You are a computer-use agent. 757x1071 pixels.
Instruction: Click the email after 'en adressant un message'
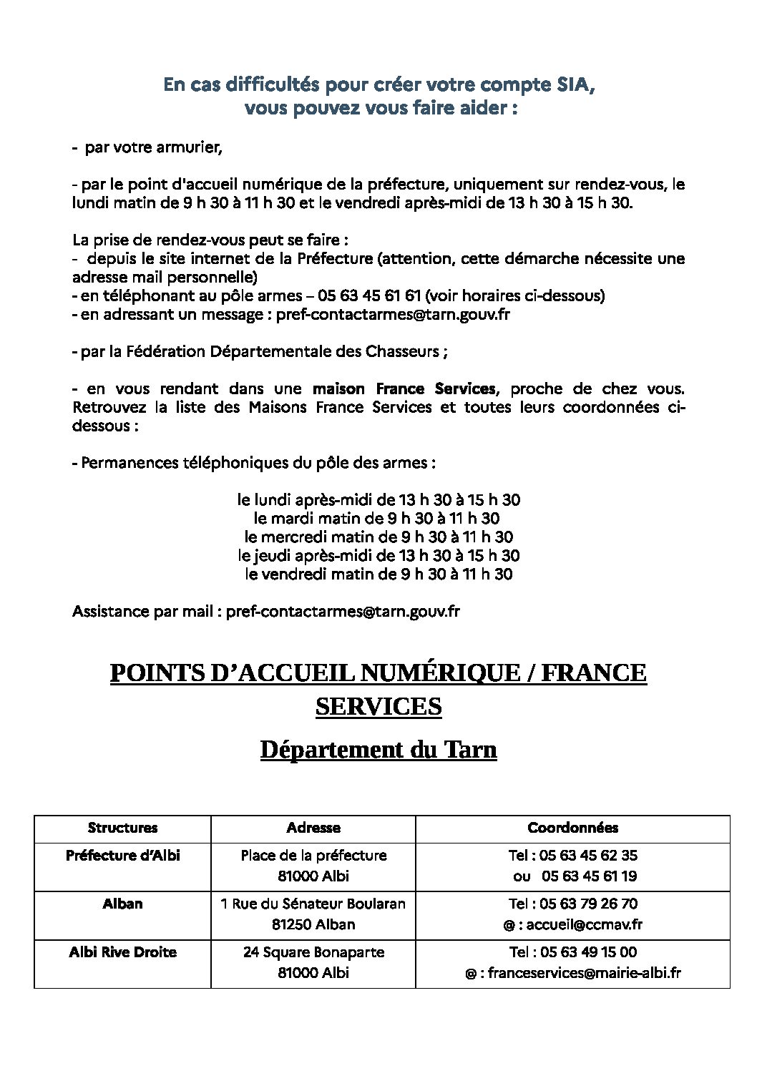click(393, 314)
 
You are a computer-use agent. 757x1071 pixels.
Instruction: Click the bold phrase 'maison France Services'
click(404, 388)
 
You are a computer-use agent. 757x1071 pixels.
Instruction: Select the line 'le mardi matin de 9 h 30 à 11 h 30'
click(377, 518)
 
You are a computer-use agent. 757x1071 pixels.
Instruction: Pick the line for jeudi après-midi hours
click(378, 555)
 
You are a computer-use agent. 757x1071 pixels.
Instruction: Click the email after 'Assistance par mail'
click(343, 611)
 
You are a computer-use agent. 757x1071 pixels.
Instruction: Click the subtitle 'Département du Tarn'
click(378, 750)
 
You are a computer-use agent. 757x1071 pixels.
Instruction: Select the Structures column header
click(122, 828)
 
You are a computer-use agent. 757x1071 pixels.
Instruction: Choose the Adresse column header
click(313, 828)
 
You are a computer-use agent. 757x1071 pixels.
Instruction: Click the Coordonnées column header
click(572, 828)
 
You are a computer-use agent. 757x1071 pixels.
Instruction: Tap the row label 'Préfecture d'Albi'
click(122, 855)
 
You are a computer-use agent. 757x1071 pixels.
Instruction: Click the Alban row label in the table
click(122, 904)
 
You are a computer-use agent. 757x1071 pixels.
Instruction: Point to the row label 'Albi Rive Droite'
click(122, 952)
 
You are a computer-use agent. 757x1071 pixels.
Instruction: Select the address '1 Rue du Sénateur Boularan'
click(313, 904)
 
